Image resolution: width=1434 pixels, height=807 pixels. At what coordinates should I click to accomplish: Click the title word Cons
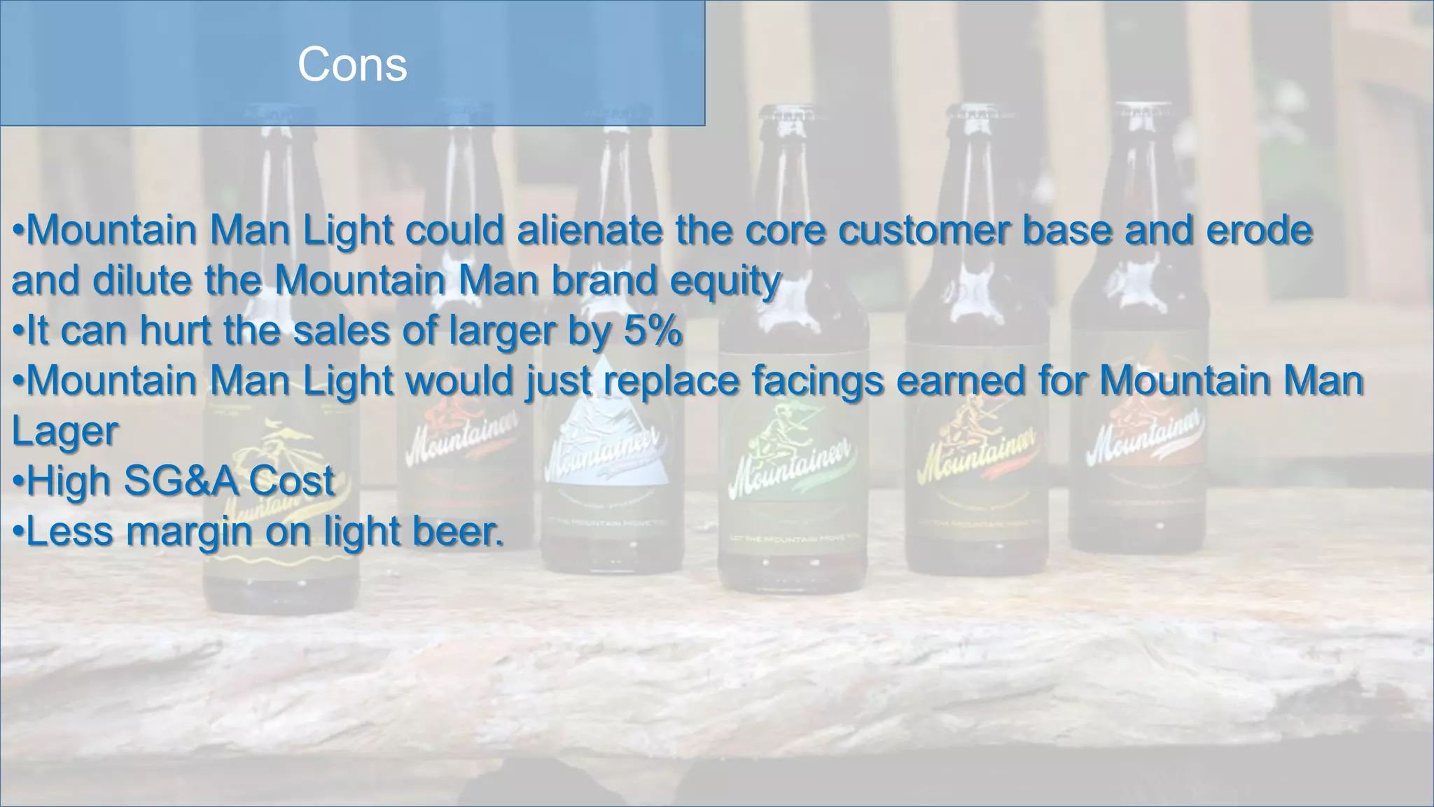coord(352,64)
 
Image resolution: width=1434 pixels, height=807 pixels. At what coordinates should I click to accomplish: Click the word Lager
coord(65,432)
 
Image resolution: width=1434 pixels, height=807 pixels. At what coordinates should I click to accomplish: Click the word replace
coord(671,382)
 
